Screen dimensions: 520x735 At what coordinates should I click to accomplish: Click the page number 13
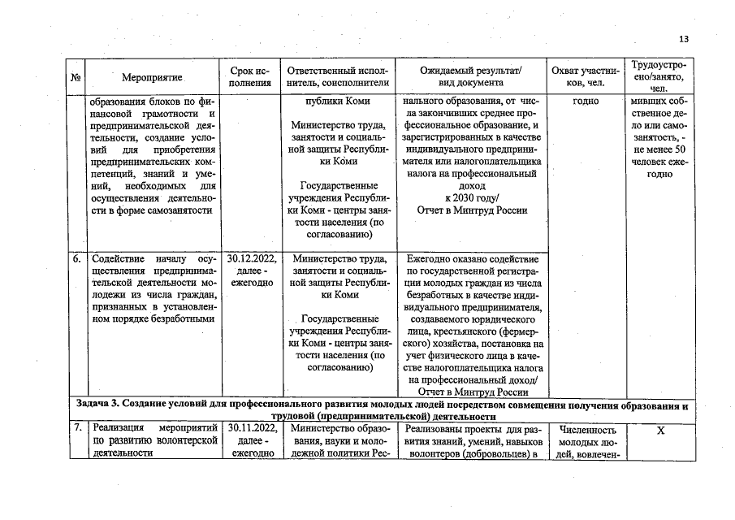(682, 38)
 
